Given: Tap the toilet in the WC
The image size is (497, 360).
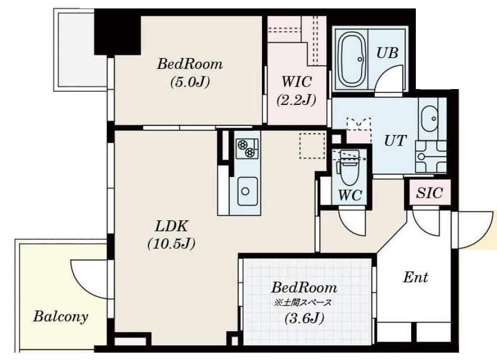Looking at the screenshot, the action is [x=349, y=169].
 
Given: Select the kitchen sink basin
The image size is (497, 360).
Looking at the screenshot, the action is [x=245, y=191].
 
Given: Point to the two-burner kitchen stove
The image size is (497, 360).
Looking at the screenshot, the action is [x=247, y=148].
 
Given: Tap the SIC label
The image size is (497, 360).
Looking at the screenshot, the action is [x=429, y=193].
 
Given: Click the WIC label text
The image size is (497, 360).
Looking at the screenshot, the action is [x=297, y=82].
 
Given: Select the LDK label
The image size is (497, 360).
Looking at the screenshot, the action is [x=171, y=226].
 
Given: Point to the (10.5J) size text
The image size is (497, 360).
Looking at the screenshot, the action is [x=171, y=244].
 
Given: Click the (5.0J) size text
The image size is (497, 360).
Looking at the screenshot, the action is [x=190, y=82].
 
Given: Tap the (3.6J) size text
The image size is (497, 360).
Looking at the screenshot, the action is [x=304, y=318].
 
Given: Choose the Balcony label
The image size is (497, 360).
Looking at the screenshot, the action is [x=61, y=316].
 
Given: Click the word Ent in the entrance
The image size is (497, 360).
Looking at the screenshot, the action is [x=415, y=277].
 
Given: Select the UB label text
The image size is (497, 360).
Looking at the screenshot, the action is [x=387, y=53].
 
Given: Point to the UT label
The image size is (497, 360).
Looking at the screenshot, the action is [x=395, y=140].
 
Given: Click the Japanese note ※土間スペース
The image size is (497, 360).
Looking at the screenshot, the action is [x=303, y=303].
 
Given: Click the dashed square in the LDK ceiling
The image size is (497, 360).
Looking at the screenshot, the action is [x=312, y=146].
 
